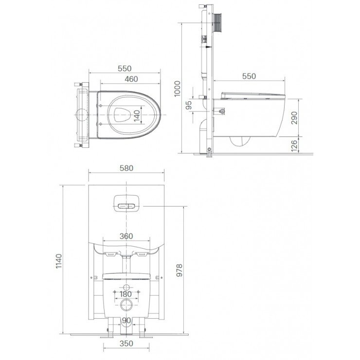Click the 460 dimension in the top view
[x=130, y=79]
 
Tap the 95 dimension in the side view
[x=189, y=104]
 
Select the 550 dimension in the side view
[x=249, y=76]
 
